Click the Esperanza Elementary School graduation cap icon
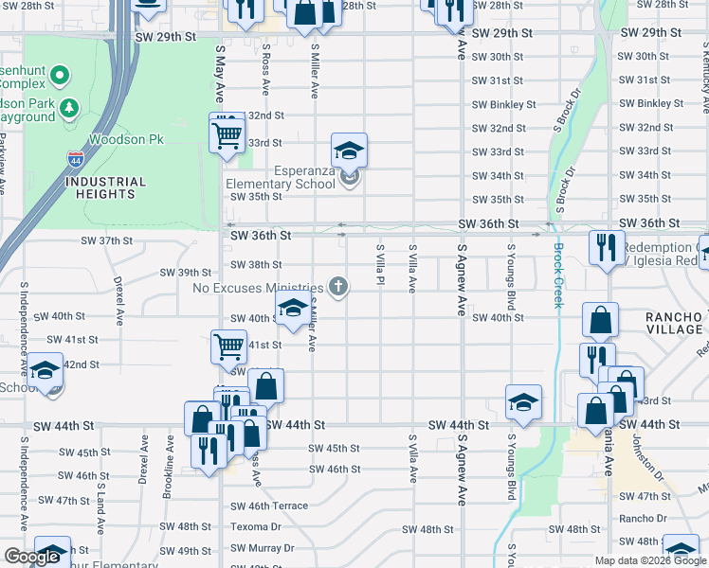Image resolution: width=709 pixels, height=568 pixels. (349, 151)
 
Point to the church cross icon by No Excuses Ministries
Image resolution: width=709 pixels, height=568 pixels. (337, 287)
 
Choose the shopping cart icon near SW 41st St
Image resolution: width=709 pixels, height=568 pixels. (228, 346)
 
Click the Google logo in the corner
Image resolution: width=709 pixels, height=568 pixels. (32, 557)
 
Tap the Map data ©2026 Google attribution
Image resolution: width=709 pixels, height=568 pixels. (649, 560)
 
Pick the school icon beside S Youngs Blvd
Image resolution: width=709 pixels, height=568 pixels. (523, 403)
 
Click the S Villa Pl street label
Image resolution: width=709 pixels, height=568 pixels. (379, 268)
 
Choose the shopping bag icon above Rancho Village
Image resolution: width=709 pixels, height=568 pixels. (601, 322)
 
